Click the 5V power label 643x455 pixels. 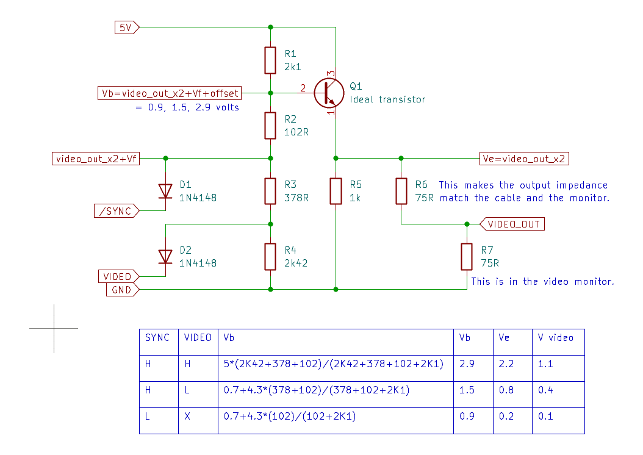point(126,27)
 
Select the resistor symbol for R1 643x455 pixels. point(270,60)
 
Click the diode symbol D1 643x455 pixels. point(165,191)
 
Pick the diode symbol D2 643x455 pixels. point(165,257)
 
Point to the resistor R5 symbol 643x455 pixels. point(336,191)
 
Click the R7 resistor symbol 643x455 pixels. point(467,257)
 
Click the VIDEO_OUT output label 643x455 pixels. point(513,224)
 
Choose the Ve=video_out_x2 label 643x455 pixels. point(524,159)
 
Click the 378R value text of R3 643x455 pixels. point(296,198)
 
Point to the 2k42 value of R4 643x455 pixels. point(296,263)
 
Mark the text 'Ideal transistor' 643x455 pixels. point(387,99)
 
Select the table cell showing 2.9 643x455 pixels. point(467,364)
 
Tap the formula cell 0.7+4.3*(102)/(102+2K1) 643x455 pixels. point(290,417)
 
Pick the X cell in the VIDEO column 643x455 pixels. point(187,417)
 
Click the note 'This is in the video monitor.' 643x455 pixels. point(542,282)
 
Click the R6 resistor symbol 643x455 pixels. point(401,191)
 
